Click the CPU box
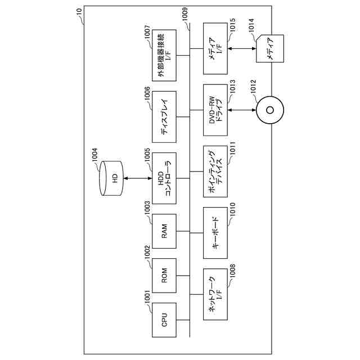tap(164, 320)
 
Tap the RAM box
tap(164, 231)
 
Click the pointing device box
tap(215, 173)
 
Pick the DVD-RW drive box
tap(215, 110)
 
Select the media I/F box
tap(215, 53)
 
